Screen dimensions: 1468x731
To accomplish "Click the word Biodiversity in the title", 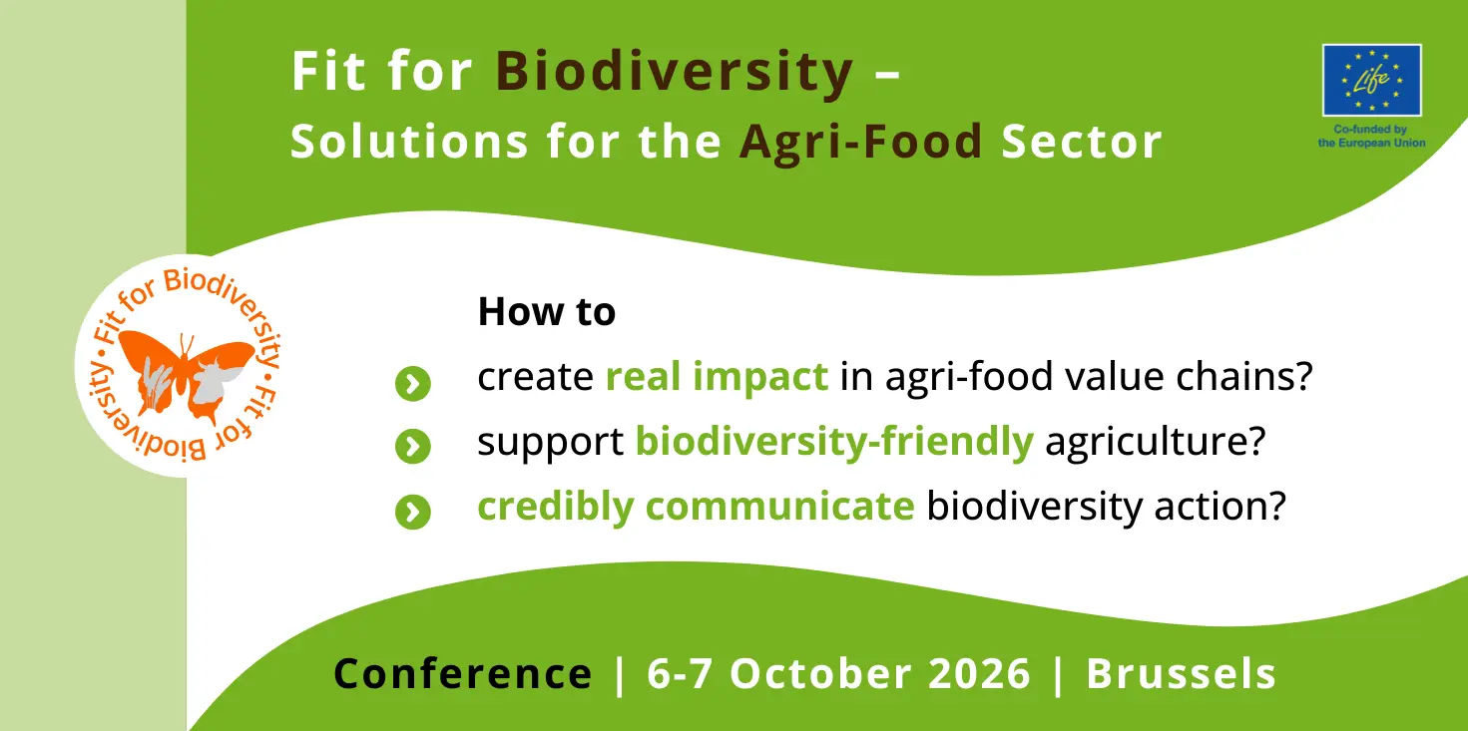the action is [x=675, y=72].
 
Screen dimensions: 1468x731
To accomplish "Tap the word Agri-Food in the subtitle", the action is [x=861, y=142].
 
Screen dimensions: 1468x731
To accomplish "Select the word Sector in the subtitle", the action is [x=1082, y=142].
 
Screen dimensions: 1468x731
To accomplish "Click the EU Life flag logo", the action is [x=1371, y=80].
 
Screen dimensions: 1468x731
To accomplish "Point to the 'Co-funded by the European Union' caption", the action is [x=1371, y=137].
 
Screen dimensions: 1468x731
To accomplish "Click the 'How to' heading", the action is [x=547, y=311].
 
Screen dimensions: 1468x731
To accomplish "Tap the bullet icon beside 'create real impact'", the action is [x=413, y=383].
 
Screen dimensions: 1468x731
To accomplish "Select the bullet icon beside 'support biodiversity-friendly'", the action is [x=413, y=447].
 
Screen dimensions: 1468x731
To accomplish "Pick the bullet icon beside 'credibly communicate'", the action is [x=413, y=512].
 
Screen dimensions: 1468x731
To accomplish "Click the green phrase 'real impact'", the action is [x=717, y=377].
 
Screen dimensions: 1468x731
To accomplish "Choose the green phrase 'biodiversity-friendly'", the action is [x=834, y=442].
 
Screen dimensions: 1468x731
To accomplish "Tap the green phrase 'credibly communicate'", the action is [x=696, y=507].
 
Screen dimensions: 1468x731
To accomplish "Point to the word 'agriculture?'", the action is [x=1156, y=442].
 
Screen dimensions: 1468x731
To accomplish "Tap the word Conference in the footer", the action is [x=463, y=674].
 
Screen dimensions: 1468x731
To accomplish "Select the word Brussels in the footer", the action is [x=1182, y=674].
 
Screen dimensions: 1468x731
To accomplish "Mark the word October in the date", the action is [x=821, y=674].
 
